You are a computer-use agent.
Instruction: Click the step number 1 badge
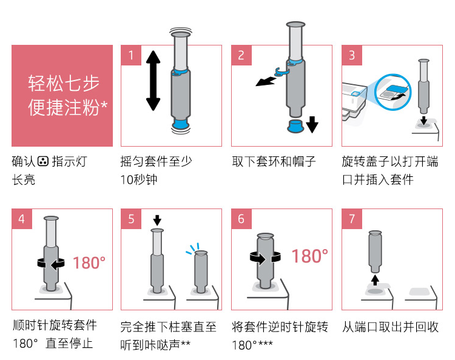pyautogui.click(x=131, y=55)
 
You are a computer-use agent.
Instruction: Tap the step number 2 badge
pyautogui.click(x=241, y=55)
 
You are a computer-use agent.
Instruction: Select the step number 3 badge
pyautogui.click(x=352, y=55)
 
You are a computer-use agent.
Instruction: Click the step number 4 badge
pyautogui.click(x=22, y=219)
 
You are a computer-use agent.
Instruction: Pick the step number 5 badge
pyautogui.click(x=131, y=219)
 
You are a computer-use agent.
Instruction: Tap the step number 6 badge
pyautogui.click(x=241, y=219)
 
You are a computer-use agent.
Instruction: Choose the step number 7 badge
pyautogui.click(x=352, y=219)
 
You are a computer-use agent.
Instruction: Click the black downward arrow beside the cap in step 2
pyautogui.click(x=312, y=125)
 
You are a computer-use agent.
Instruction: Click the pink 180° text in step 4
pyautogui.click(x=89, y=263)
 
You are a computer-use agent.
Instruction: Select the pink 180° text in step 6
pyautogui.click(x=309, y=256)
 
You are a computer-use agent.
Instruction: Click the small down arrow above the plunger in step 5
pyautogui.click(x=157, y=219)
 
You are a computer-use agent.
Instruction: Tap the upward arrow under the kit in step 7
pyautogui.click(x=375, y=279)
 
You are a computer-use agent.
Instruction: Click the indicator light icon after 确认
pyautogui.click(x=42, y=162)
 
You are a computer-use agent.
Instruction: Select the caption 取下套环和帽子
pyautogui.click(x=274, y=162)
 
